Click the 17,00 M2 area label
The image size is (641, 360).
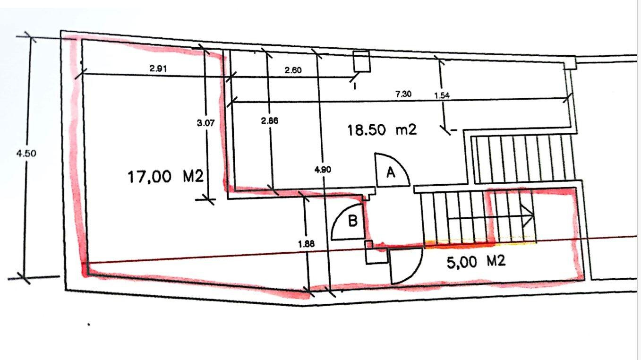pyautogui.click(x=165, y=177)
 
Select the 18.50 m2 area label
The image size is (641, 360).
pyautogui.click(x=382, y=130)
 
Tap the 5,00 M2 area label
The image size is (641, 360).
pyautogui.click(x=476, y=262)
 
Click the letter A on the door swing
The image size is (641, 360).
pyautogui.click(x=391, y=172)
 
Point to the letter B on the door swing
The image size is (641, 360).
pyautogui.click(x=353, y=221)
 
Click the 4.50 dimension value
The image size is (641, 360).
pyautogui.click(x=26, y=154)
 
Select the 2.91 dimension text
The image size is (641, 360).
pyautogui.click(x=158, y=69)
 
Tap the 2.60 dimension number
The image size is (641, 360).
pyautogui.click(x=293, y=70)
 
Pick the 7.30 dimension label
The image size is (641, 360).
pyautogui.click(x=403, y=94)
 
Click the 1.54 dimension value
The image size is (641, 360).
pyautogui.click(x=442, y=95)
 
